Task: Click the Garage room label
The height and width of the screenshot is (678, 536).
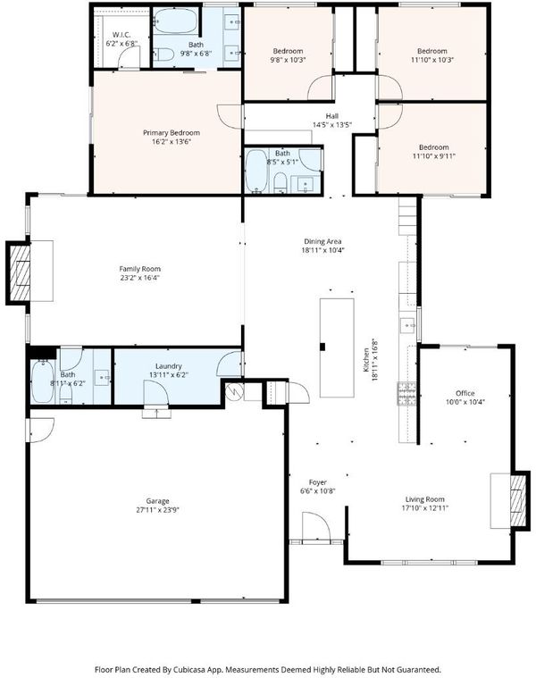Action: pos(157,501)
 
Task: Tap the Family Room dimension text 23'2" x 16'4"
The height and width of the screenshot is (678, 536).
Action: pos(139,278)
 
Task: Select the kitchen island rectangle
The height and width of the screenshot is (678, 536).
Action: pos(337,347)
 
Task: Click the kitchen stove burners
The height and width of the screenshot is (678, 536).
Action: pos(406,394)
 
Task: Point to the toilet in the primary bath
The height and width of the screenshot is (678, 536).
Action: pos(163,54)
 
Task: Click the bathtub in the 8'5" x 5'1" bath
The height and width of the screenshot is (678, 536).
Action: pos(255,171)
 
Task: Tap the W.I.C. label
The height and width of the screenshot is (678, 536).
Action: pos(121,35)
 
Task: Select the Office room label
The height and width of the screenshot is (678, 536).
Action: pos(465,393)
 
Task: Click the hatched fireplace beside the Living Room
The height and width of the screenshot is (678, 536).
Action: pos(519,500)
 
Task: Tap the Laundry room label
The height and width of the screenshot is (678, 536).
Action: pos(169,366)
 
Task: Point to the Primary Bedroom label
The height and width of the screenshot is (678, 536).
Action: pos(172,132)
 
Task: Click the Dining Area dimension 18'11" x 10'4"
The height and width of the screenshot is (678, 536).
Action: pos(322,250)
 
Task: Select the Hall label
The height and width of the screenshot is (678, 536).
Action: pos(332,116)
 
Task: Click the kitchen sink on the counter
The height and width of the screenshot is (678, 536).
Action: pos(406,325)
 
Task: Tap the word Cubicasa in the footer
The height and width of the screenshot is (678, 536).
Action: pos(188,669)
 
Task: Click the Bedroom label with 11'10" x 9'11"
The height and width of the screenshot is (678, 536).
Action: pos(434,147)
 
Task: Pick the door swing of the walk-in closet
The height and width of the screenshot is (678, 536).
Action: pos(129,57)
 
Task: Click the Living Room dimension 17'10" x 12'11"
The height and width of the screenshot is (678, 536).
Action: pos(425,508)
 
